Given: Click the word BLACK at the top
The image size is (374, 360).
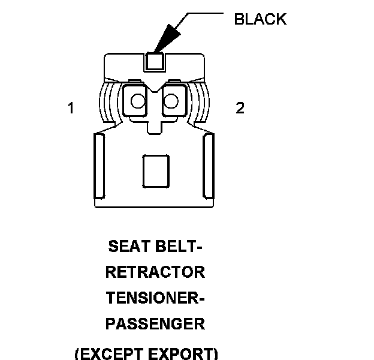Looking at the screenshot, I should [x=260, y=19].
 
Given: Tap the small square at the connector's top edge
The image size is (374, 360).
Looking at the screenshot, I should [x=155, y=61].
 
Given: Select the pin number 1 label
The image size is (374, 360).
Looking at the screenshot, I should [x=71, y=109].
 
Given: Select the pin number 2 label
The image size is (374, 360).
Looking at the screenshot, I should [x=240, y=109].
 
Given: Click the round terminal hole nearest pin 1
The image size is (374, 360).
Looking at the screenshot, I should [x=138, y=100].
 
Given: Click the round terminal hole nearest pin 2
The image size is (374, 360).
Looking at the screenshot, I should [x=171, y=100].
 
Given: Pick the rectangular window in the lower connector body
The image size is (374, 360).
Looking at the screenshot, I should [x=155, y=170].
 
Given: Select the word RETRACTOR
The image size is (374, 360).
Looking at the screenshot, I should [x=155, y=272].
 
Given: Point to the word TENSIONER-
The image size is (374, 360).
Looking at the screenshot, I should [x=155, y=298].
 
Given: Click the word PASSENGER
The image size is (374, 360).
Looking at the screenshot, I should [x=155, y=324].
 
